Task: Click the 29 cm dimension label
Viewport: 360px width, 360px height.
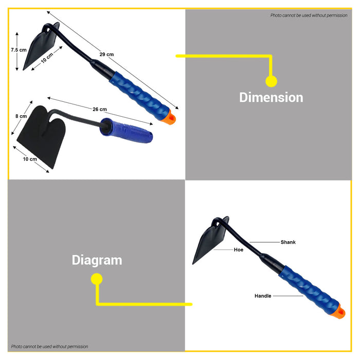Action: click(x=106, y=55)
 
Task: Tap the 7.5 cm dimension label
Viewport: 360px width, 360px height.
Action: click(x=19, y=50)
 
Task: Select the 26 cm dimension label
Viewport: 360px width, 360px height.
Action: click(x=100, y=109)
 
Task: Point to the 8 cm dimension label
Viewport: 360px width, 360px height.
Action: click(x=21, y=116)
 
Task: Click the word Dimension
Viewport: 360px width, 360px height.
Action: click(x=271, y=97)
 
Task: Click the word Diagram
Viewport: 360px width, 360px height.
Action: click(x=97, y=261)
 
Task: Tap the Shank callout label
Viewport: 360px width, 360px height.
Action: click(x=288, y=242)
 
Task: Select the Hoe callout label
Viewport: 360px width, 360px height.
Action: click(x=239, y=249)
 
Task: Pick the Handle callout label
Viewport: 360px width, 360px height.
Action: click(x=263, y=296)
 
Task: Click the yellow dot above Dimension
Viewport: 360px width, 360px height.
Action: click(x=271, y=81)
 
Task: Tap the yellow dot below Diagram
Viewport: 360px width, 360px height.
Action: click(x=97, y=279)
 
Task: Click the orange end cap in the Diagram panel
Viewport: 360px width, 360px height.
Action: click(x=339, y=312)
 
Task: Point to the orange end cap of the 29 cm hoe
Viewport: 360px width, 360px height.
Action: click(x=170, y=118)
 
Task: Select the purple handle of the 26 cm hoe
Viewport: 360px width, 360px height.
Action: click(x=127, y=130)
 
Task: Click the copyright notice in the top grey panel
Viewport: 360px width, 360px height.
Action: click(x=309, y=15)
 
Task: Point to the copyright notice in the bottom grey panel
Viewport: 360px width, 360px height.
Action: click(x=49, y=347)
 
